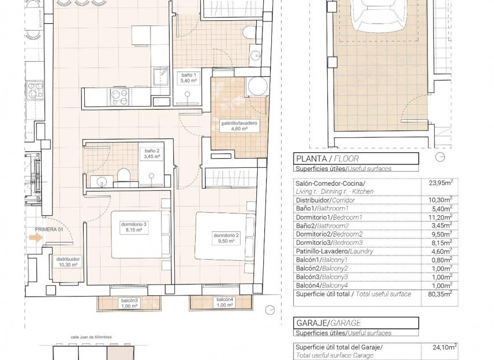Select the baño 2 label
pos(152,153)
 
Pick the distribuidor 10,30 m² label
pos(68,262)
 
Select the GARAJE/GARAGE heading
pos(328,324)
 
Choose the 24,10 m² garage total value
pos(442,347)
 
